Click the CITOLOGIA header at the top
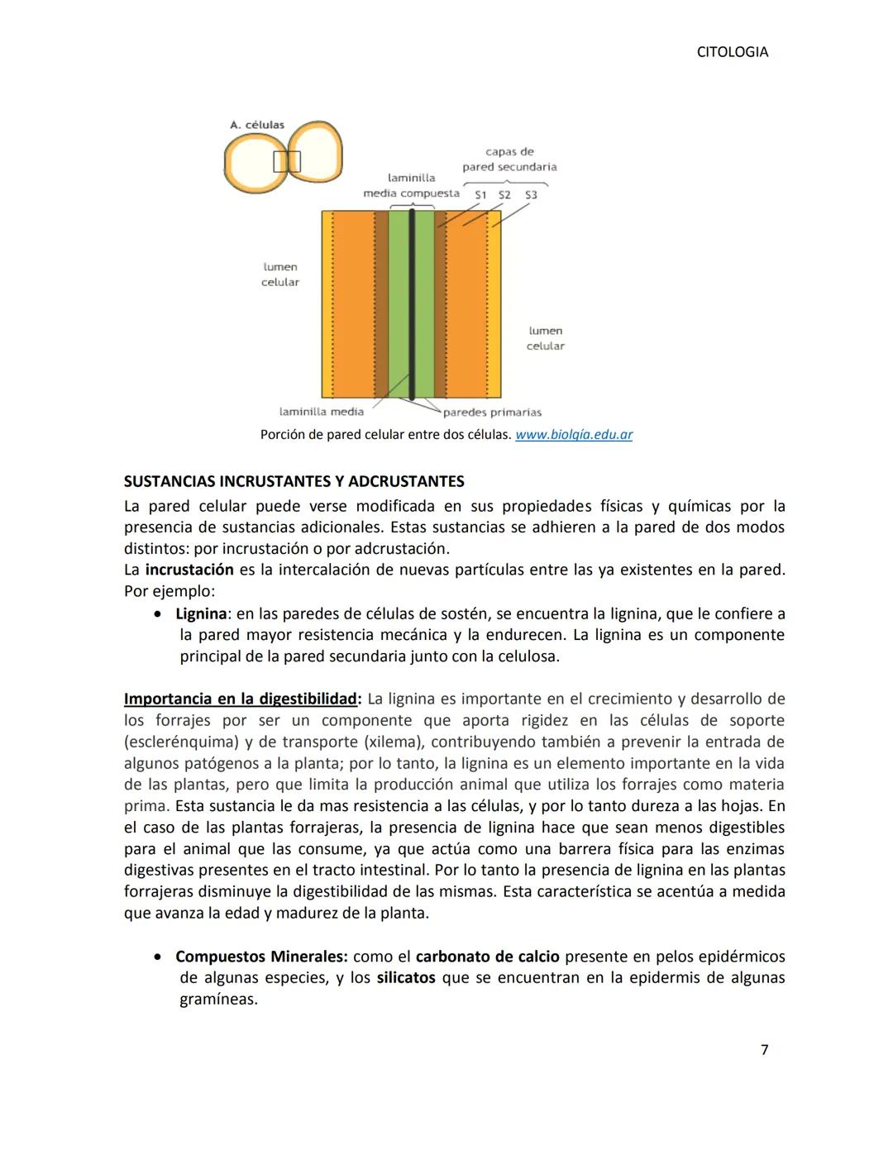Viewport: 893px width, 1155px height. click(x=732, y=52)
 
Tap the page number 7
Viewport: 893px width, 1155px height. click(x=764, y=1050)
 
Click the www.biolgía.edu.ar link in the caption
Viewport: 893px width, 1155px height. click(x=574, y=435)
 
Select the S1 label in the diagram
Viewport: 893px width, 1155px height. click(x=480, y=195)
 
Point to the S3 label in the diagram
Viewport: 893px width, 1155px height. click(x=531, y=195)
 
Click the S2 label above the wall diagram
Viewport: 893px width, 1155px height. click(x=504, y=195)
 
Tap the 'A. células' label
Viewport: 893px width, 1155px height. click(x=257, y=125)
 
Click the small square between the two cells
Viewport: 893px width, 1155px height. click(x=287, y=161)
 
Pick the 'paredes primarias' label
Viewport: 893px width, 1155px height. click(x=492, y=413)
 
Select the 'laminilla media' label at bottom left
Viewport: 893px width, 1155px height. click(x=322, y=412)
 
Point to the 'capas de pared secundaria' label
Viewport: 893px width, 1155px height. click(x=509, y=160)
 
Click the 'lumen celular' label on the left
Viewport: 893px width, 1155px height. click(x=280, y=274)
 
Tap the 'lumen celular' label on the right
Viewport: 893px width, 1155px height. click(x=546, y=338)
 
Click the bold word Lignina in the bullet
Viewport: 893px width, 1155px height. click(x=201, y=614)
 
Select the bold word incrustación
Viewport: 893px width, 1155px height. click(x=189, y=570)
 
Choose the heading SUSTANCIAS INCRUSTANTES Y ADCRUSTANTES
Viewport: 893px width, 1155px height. click(x=294, y=481)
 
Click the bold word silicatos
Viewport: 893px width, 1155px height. click(x=406, y=978)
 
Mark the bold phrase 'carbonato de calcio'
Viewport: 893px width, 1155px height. click(x=487, y=957)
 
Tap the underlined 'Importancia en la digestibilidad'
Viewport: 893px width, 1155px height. click(x=240, y=699)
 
